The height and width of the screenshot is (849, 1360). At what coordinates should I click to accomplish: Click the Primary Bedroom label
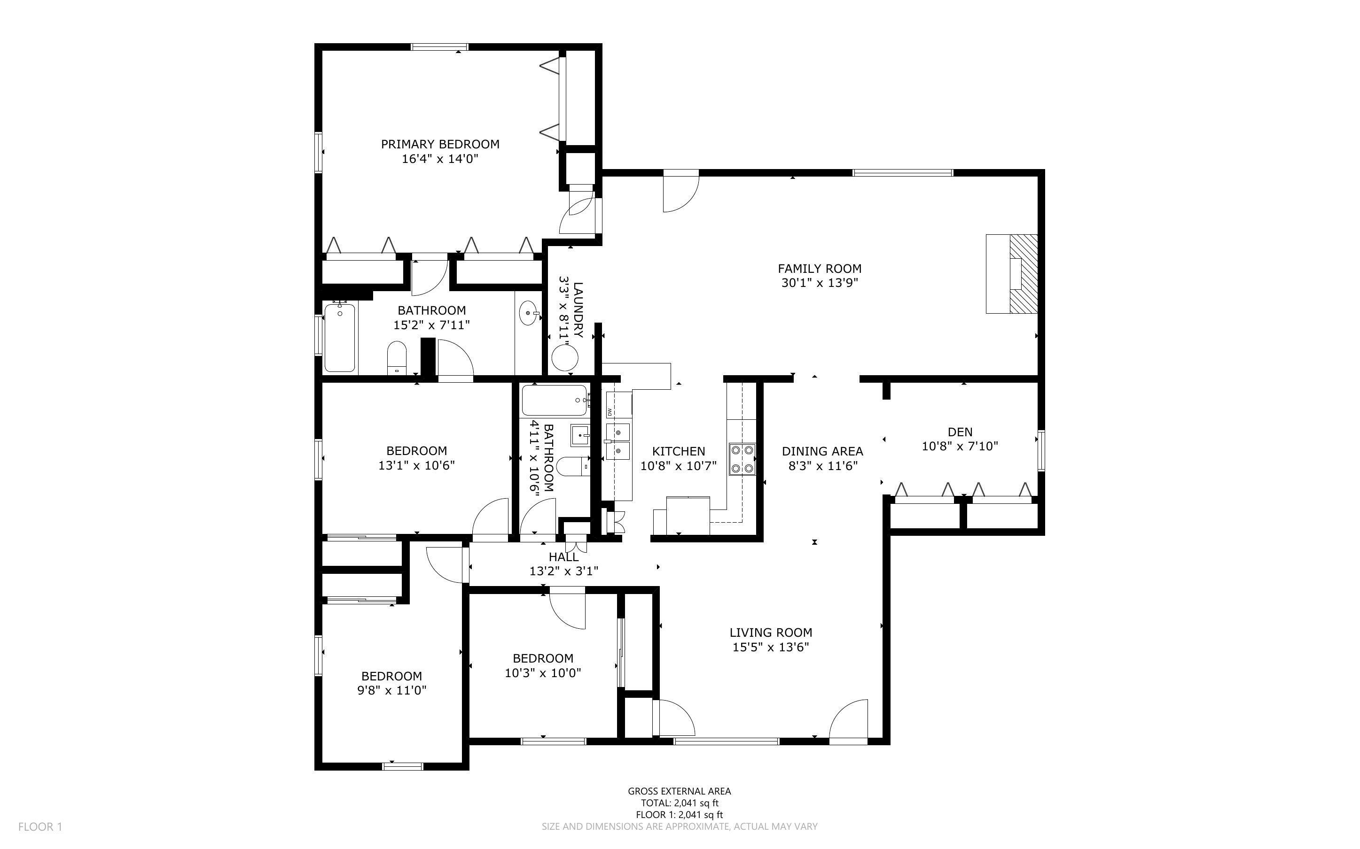pyautogui.click(x=440, y=144)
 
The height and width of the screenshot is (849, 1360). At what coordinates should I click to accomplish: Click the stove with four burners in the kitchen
pyautogui.click(x=742, y=459)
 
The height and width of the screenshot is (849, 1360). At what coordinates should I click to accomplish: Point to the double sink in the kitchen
pyautogui.click(x=618, y=442)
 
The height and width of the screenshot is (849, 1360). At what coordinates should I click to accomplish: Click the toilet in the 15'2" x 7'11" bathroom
pyautogui.click(x=397, y=358)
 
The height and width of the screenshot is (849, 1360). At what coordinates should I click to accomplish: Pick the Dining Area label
pyautogui.click(x=822, y=451)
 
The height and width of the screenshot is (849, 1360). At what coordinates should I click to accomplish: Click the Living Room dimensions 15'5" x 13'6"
pyautogui.click(x=770, y=647)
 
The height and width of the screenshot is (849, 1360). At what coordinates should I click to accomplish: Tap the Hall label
pyautogui.click(x=563, y=557)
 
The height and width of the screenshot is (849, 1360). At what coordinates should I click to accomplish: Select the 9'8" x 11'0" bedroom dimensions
pyautogui.click(x=391, y=691)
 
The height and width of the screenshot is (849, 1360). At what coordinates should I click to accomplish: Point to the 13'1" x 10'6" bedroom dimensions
pyautogui.click(x=416, y=465)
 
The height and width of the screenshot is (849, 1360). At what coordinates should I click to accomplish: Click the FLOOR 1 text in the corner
pyautogui.click(x=40, y=826)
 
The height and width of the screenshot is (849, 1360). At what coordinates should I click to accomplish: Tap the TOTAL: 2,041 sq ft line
pyautogui.click(x=679, y=803)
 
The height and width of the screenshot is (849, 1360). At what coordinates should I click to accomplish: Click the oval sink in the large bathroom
pyautogui.click(x=529, y=312)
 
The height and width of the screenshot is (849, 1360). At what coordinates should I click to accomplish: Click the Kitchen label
pyautogui.click(x=678, y=451)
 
